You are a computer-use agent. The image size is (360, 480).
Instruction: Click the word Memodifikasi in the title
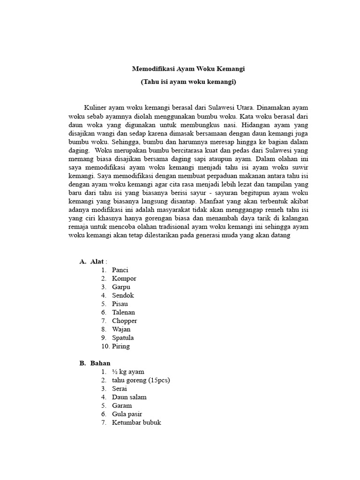coord(152,68)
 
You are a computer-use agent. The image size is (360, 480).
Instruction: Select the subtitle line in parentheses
coord(188,82)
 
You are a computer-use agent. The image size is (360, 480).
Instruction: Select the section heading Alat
coord(97,262)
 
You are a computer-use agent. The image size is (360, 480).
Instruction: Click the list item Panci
coord(120,270)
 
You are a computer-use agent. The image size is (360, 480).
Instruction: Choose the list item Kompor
coord(124,278)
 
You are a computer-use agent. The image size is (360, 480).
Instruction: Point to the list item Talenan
coord(123,312)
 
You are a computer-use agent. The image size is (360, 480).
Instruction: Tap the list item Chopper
coord(124,321)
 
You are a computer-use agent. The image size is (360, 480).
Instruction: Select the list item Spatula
coord(123,337)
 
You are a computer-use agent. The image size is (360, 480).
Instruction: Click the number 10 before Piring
coord(104,346)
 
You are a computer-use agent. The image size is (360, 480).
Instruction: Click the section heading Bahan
coord(100,363)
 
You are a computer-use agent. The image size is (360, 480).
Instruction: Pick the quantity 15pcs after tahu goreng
coord(158,380)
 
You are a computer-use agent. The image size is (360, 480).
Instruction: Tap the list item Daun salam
coord(129,397)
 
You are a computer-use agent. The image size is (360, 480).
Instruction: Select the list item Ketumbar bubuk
coord(136,422)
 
